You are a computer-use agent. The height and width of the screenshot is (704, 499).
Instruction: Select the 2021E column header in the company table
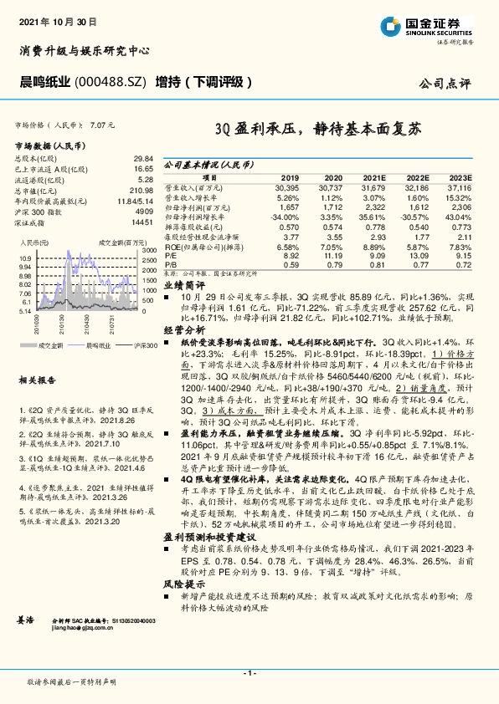[373, 179]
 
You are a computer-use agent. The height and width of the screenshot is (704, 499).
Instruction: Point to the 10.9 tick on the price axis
[24, 258]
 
